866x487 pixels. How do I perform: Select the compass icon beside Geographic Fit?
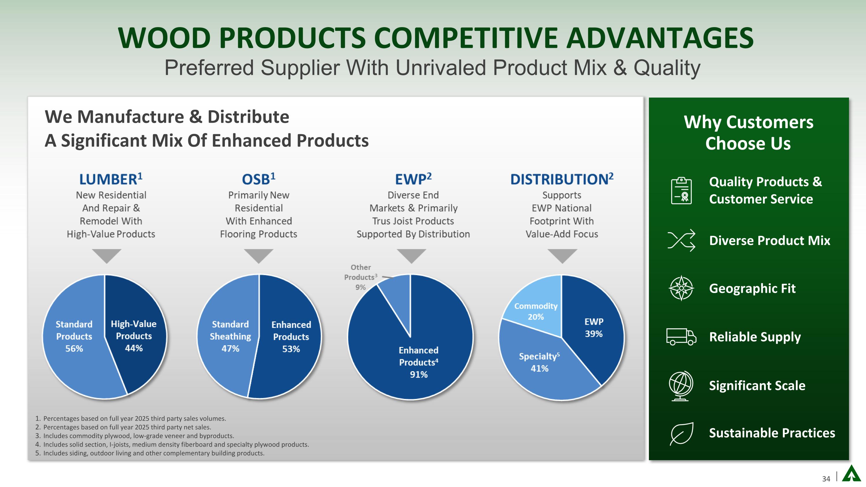point(681,288)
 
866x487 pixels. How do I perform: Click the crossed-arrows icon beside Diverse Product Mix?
point(681,240)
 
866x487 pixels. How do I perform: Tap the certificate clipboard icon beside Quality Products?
point(681,191)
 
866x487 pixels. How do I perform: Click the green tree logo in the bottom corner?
point(851,474)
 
